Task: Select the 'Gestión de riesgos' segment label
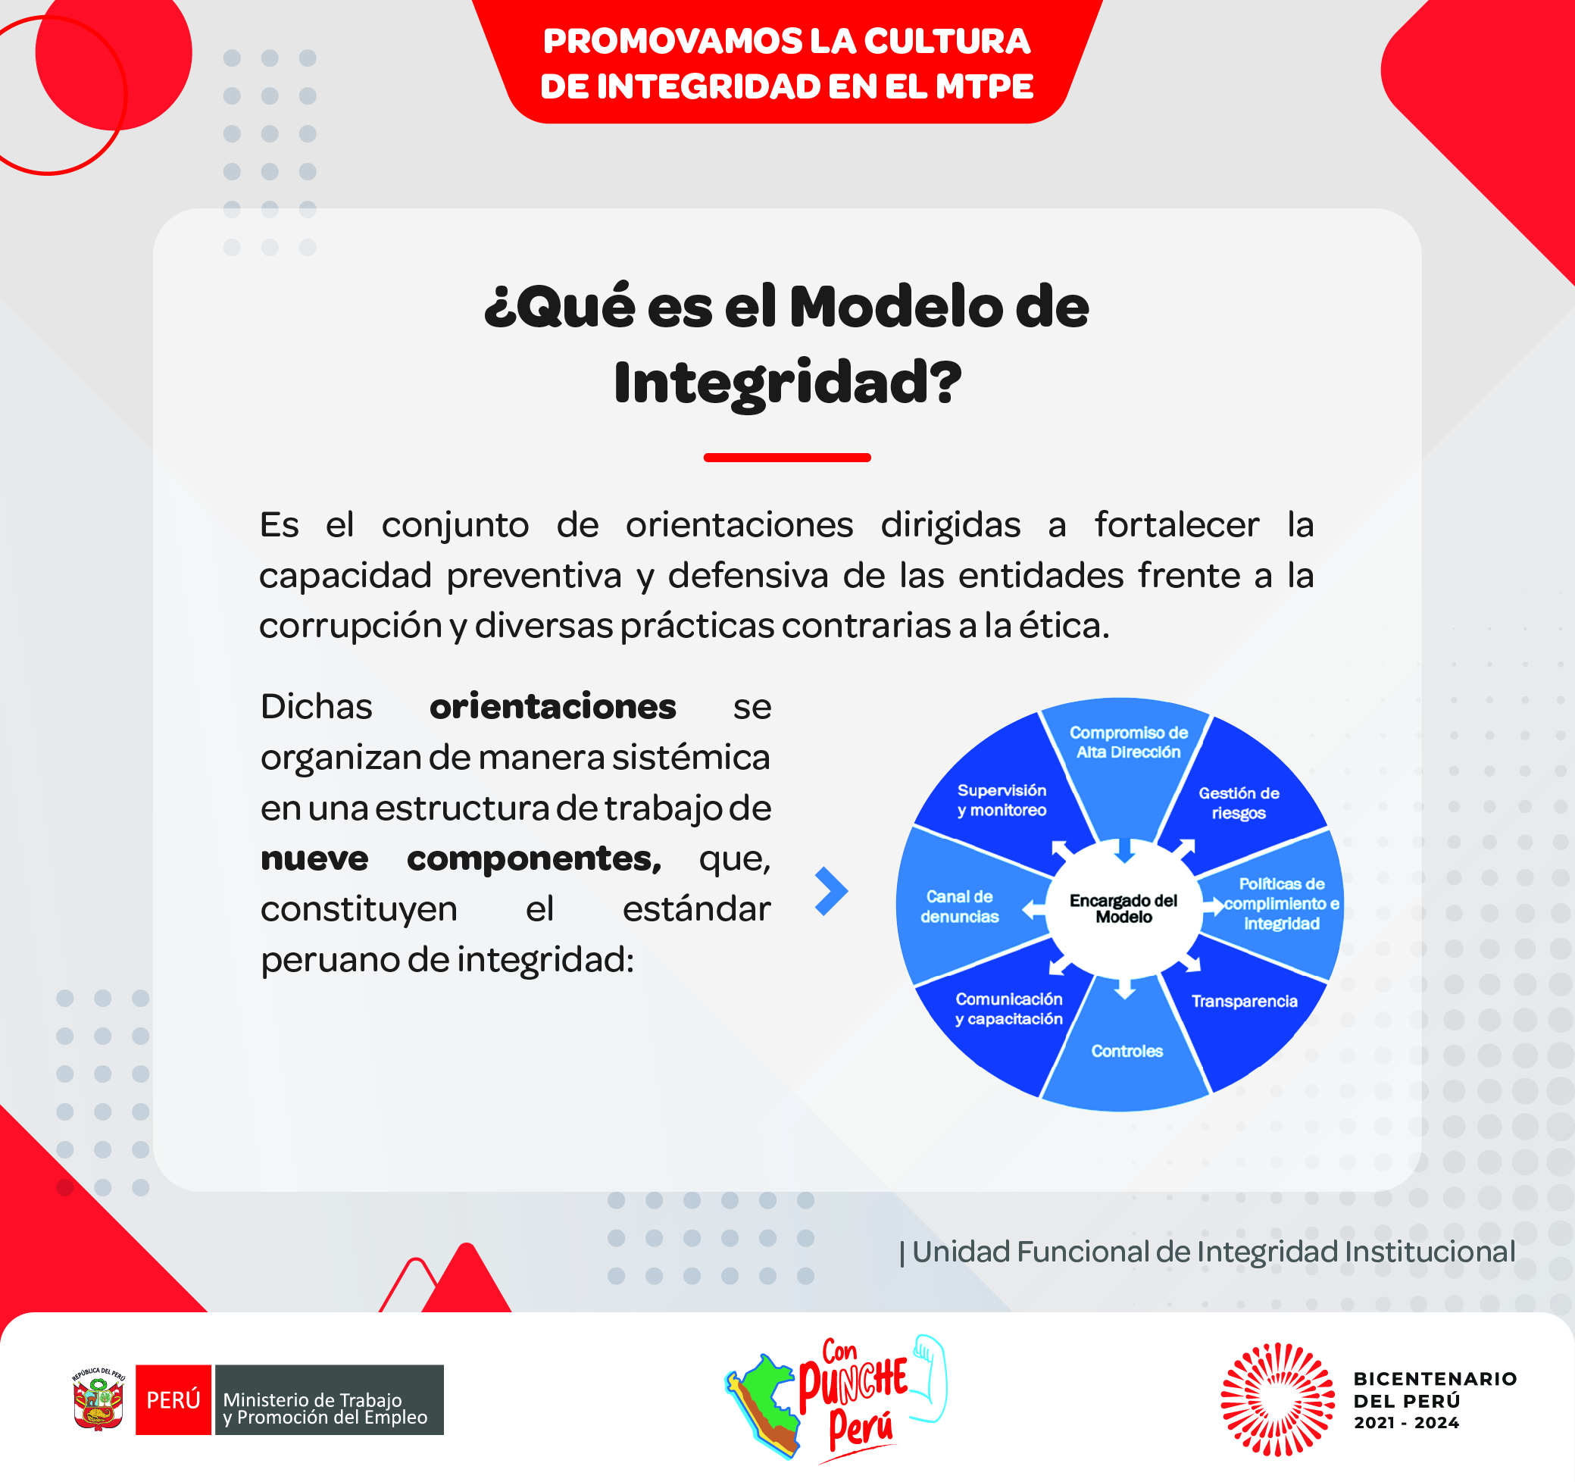point(1239,803)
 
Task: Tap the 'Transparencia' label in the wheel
point(1244,1001)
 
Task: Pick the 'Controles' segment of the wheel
point(1127,1051)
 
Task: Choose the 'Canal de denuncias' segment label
point(959,907)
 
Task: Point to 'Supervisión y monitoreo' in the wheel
point(1002,800)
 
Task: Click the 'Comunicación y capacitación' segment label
point(1008,1009)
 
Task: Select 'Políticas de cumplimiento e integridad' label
point(1281,903)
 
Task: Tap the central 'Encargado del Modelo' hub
point(1123,908)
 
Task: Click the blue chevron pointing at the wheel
point(832,892)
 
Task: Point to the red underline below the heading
point(786,458)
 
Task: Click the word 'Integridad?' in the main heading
point(788,383)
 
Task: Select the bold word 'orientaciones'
point(552,706)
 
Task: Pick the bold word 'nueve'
point(314,858)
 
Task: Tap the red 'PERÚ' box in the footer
point(173,1399)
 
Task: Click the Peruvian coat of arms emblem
point(99,1399)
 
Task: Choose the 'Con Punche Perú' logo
point(836,1399)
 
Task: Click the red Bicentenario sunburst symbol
point(1277,1399)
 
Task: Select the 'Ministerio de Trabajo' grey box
point(330,1399)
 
